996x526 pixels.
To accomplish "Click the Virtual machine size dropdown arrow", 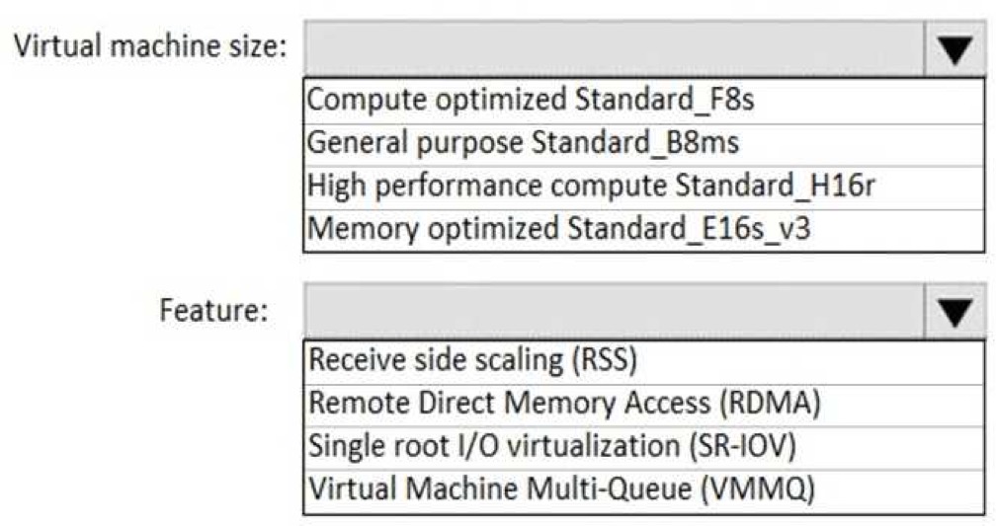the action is click(x=954, y=49).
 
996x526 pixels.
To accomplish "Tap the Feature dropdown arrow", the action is click(x=954, y=312).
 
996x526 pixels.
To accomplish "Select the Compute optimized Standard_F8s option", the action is click(x=531, y=100).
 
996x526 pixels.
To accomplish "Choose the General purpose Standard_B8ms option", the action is click(x=524, y=143).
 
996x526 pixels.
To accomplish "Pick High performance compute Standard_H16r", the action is click(x=591, y=186).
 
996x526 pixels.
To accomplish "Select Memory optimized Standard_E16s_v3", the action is click(x=559, y=229).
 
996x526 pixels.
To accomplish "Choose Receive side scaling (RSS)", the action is click(x=472, y=360).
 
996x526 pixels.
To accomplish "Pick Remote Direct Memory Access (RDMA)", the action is click(x=565, y=404).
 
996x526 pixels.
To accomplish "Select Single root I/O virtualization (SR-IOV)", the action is click(x=552, y=446).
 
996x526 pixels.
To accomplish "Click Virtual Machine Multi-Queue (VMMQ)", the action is click(x=561, y=489).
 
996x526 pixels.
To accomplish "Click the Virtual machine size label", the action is click(x=150, y=45).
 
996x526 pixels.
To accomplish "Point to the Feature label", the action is click(x=214, y=310).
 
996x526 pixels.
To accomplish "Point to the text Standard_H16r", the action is click(x=776, y=186).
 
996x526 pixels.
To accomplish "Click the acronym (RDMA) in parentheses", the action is click(x=770, y=404).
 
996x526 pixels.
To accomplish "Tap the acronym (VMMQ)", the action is click(x=758, y=489).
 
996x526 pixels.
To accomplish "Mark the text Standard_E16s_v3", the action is click(x=690, y=229).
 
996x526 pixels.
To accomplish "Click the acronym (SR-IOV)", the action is click(x=743, y=446).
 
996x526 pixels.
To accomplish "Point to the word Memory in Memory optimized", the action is click(x=364, y=229).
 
